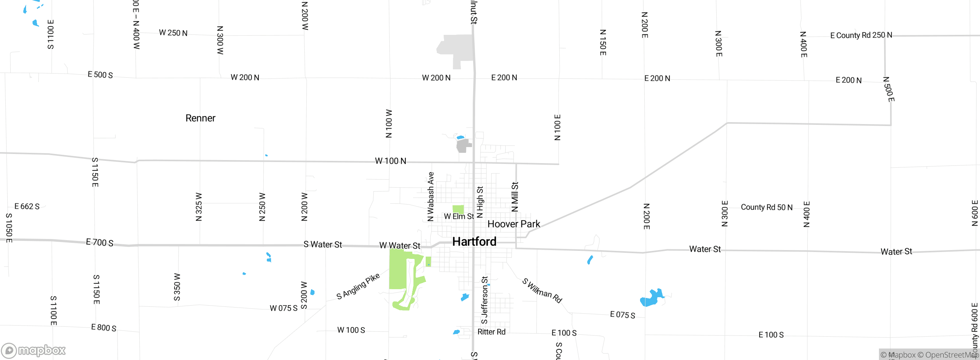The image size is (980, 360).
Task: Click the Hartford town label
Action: (x=474, y=242)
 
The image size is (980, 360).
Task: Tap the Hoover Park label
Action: (x=514, y=224)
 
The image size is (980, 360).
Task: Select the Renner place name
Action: (x=200, y=118)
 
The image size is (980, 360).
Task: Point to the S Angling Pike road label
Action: (x=358, y=286)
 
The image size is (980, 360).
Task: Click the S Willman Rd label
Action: (x=542, y=291)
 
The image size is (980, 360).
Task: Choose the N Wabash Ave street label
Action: (x=431, y=197)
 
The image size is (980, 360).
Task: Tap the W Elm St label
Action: (x=459, y=217)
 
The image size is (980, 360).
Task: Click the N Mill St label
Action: (x=515, y=197)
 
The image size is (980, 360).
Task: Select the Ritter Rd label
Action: (x=491, y=332)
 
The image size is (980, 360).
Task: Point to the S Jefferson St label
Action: (x=485, y=300)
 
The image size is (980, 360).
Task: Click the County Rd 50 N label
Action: (x=766, y=208)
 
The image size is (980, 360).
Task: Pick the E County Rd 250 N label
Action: (x=861, y=35)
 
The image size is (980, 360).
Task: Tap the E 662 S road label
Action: (x=27, y=206)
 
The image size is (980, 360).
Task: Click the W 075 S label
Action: (x=283, y=308)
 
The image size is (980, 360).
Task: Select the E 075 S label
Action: (x=622, y=315)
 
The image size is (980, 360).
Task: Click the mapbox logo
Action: (x=34, y=350)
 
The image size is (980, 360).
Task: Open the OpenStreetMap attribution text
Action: (x=948, y=355)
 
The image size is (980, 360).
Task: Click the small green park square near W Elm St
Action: (x=458, y=209)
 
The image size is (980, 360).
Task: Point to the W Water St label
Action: (x=400, y=245)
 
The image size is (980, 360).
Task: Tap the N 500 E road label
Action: (x=889, y=90)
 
